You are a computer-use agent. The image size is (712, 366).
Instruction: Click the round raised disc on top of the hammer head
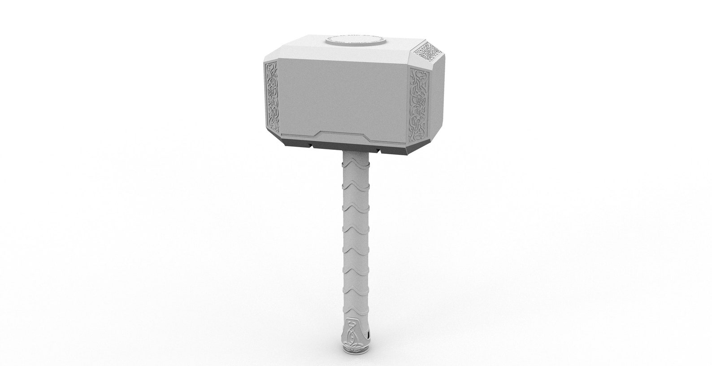356,41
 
